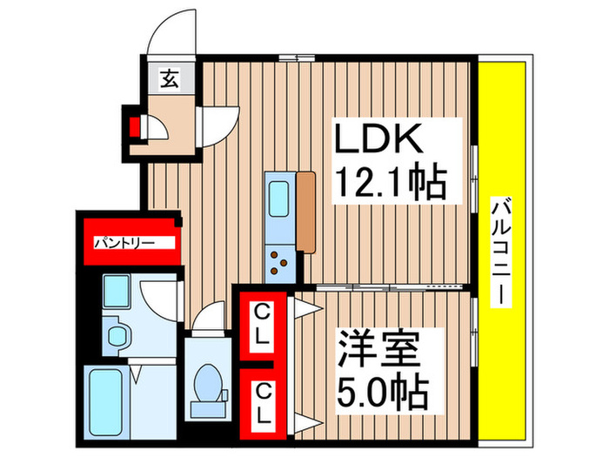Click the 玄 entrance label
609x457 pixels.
click(x=167, y=79)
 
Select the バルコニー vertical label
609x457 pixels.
click(x=501, y=252)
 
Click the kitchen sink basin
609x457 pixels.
click(x=280, y=199)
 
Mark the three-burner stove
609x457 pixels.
click(x=280, y=261)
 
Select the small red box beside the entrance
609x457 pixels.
click(x=135, y=128)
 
